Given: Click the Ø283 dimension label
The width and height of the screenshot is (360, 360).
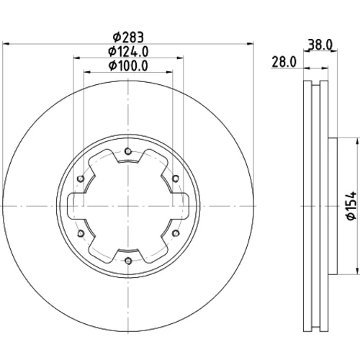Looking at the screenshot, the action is [x=128, y=37].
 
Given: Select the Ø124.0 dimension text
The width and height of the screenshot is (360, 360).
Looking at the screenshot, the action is [x=128, y=51].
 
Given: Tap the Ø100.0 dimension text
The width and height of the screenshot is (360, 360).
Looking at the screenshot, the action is [x=128, y=66].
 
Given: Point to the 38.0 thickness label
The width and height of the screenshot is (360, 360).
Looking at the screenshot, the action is [x=320, y=45].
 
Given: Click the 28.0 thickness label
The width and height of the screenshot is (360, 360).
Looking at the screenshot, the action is [x=284, y=62].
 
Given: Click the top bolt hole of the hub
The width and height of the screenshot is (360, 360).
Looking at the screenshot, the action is [x=128, y=151].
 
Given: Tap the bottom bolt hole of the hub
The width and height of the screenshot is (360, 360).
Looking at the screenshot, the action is [x=128, y=261].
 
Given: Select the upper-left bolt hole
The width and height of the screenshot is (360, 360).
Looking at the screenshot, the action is [x=81, y=179].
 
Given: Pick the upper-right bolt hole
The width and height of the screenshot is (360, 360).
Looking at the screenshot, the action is [x=176, y=179].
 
